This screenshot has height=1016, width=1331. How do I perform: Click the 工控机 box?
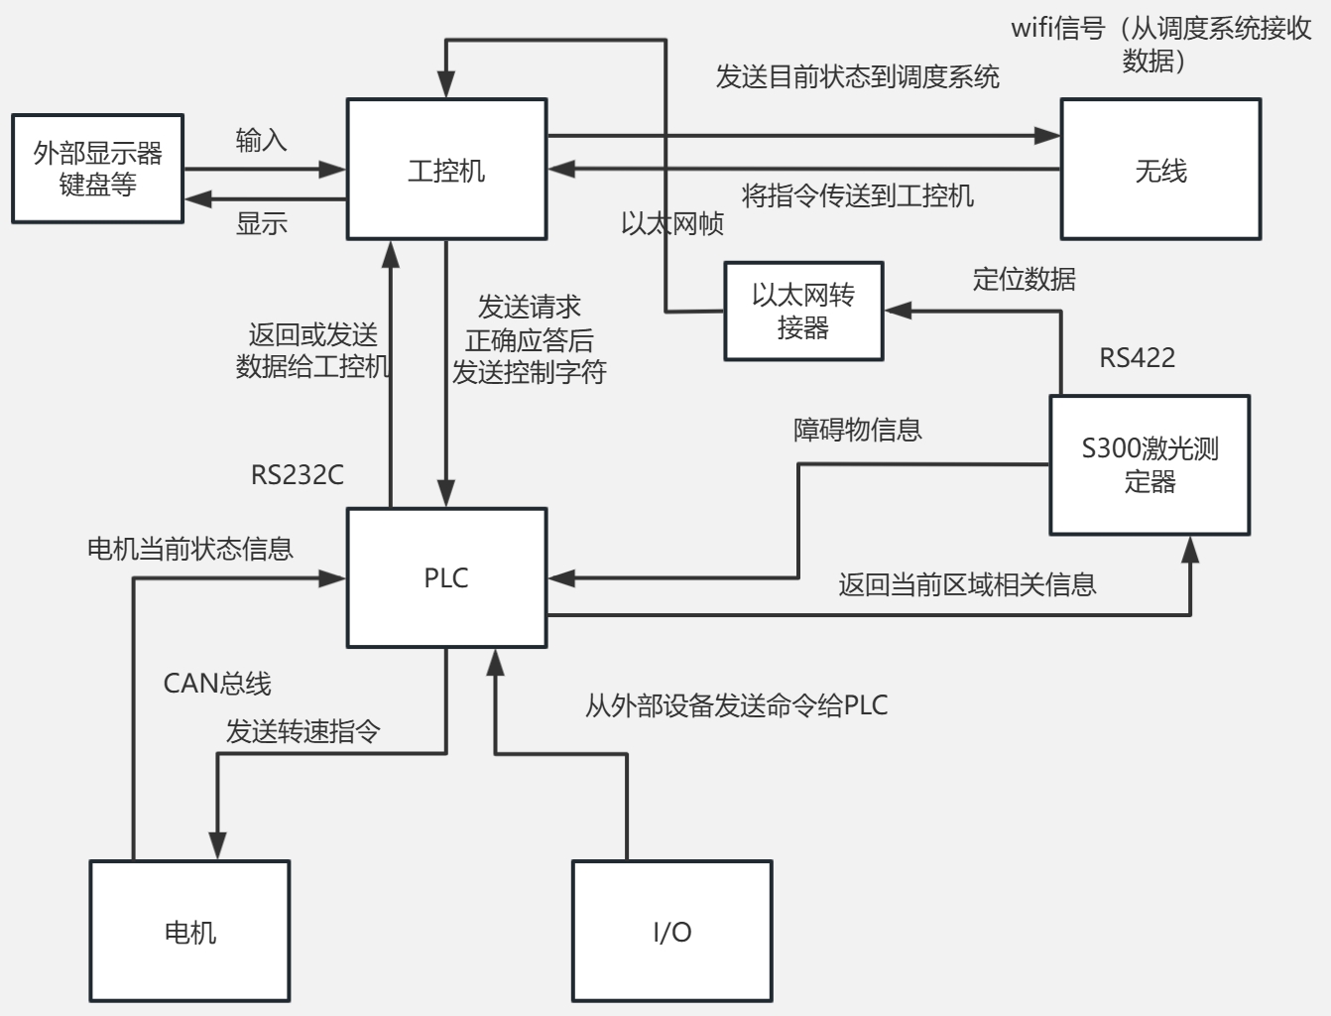coord(446,170)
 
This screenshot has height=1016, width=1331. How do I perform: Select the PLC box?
coord(446,577)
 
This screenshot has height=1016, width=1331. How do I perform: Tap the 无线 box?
coord(1160,170)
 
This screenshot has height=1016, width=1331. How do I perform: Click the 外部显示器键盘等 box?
coord(97,169)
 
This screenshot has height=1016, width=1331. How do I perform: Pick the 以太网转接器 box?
coord(803,311)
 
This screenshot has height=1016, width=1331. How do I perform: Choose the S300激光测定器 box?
coord(1149,465)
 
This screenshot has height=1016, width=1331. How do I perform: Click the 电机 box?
coord(189,931)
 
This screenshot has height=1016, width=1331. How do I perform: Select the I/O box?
coord(671,931)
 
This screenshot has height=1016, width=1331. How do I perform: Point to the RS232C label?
coord(297,475)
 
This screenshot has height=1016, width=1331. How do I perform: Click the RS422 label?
coord(1137,358)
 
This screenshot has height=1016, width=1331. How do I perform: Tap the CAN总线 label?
coord(216,684)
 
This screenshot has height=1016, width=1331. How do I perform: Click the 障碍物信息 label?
coord(857,430)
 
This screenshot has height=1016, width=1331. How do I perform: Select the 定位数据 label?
coord(1024,279)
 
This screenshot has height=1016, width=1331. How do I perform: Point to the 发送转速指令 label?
coord(302,731)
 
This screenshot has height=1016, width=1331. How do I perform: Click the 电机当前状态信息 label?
coord(190,549)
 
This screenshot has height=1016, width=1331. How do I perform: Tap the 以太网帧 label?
coord(671,224)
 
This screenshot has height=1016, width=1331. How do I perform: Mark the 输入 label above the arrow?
coord(261,141)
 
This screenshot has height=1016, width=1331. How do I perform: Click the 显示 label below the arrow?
coord(261,224)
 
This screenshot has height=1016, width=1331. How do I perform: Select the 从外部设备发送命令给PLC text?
coord(736,705)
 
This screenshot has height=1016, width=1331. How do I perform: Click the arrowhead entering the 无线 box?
coord(1047,136)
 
